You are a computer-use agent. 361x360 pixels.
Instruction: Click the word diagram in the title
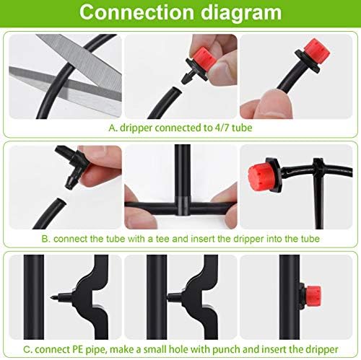[x=240, y=13]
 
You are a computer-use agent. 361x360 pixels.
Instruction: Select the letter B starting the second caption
[x=45, y=238]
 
